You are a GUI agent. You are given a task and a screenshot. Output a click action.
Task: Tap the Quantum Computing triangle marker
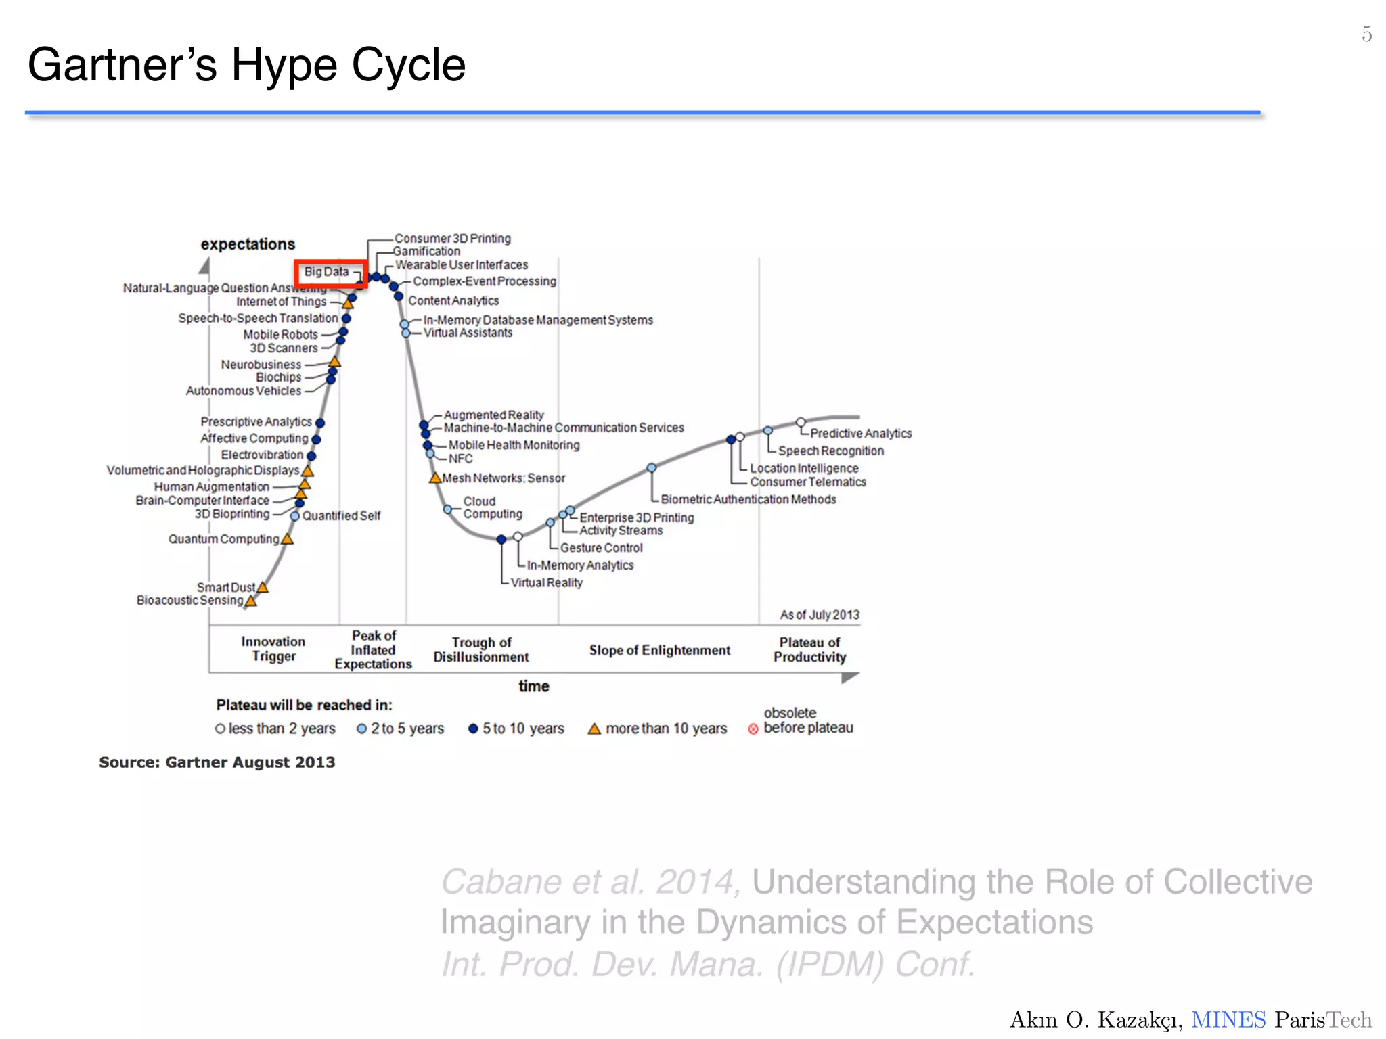pos(287,539)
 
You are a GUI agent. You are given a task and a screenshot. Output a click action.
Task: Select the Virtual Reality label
pos(546,582)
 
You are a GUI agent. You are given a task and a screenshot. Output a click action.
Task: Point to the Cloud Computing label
pos(492,507)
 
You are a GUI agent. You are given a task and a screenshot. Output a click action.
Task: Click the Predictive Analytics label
pos(861,434)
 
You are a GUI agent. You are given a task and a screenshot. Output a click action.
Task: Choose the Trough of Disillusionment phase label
pos(481,649)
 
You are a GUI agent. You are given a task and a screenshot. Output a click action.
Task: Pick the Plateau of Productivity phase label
pos(809,649)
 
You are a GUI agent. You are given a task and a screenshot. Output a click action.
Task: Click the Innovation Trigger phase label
pos(273,649)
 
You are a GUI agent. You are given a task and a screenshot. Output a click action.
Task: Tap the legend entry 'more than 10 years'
pos(658,729)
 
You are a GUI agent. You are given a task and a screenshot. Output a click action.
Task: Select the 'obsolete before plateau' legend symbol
pos(753,729)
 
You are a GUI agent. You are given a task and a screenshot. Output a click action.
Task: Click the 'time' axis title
pos(533,686)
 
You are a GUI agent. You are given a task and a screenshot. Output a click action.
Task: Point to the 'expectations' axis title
pos(248,244)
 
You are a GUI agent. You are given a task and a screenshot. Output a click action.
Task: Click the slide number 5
pos(1366,34)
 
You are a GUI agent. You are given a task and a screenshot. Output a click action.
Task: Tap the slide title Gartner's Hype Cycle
pos(246,66)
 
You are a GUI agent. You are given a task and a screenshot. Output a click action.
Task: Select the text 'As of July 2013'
pos(819,615)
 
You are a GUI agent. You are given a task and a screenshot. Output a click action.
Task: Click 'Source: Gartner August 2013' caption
pos(217,762)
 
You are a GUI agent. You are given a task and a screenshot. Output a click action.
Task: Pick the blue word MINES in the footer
pos(1228,1019)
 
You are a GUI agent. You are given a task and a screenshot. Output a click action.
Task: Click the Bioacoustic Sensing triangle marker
pos(250,601)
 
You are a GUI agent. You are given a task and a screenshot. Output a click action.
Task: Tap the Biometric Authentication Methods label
pos(748,499)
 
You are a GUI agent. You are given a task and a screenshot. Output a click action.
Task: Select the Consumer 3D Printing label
pos(452,239)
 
